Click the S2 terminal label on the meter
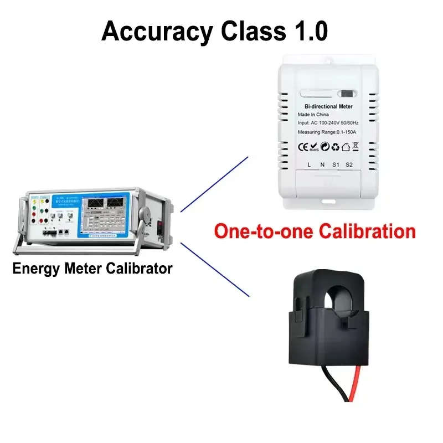click(x=349, y=164)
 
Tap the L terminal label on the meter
click(x=308, y=164)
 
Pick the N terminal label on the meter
click(x=322, y=164)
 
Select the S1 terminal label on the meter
click(x=335, y=164)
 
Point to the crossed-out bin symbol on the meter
click(x=356, y=147)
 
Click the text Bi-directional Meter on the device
click(x=328, y=106)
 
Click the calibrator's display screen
click(x=105, y=214)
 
